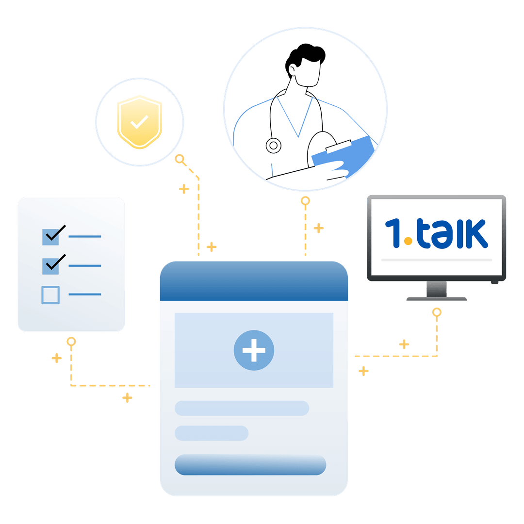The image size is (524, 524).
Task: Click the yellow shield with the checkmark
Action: (140, 122)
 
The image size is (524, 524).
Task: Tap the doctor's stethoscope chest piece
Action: (273, 146)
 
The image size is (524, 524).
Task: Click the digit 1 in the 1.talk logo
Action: (393, 233)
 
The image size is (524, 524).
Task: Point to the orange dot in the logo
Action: (408, 241)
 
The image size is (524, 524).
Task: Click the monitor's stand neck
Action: (437, 289)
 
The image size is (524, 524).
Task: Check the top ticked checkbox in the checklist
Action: (50, 237)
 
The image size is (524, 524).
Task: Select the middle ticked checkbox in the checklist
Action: (50, 266)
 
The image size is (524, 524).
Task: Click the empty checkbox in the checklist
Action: (50, 295)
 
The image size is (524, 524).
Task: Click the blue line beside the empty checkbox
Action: (85, 295)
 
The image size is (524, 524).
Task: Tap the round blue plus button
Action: (254, 350)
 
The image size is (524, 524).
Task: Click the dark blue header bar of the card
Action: (254, 281)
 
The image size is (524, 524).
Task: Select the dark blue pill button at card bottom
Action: (250, 465)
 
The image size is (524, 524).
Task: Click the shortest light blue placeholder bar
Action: (212, 433)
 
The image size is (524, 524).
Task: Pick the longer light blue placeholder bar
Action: (242, 408)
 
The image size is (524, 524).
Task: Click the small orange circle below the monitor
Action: (437, 312)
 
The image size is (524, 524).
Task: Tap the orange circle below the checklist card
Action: (71, 342)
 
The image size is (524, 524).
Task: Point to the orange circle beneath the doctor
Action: (306, 201)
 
